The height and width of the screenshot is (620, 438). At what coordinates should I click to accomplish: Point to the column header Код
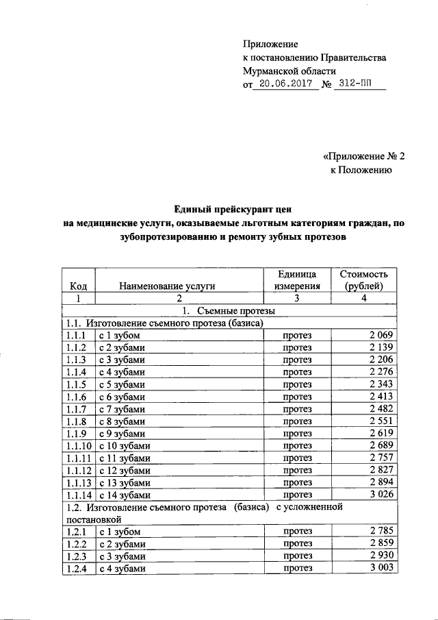coord(77,286)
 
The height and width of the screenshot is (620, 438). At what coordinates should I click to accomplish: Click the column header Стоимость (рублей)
coord(363,280)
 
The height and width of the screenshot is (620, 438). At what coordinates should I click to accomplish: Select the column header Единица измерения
coord(296,280)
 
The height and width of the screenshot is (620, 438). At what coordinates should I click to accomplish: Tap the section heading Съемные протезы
coord(229,310)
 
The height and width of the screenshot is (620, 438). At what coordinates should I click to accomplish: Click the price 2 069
coord(381,335)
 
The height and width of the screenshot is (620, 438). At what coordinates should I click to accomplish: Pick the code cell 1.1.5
coord(77,384)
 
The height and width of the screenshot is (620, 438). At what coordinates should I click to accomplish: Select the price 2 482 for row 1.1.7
coord(381,408)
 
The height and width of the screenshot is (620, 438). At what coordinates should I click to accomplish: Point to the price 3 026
coord(381,494)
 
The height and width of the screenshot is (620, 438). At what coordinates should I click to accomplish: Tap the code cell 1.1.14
coord(79,494)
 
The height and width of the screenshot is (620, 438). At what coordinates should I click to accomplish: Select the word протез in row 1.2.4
coord(296,568)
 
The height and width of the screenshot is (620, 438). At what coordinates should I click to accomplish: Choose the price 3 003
coord(381,568)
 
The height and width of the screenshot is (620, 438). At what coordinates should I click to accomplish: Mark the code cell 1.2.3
coord(77,556)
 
